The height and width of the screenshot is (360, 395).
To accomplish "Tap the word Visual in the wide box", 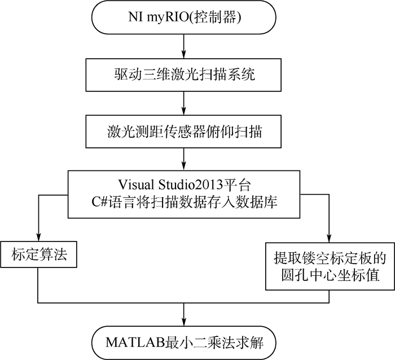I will click(x=133, y=185).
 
